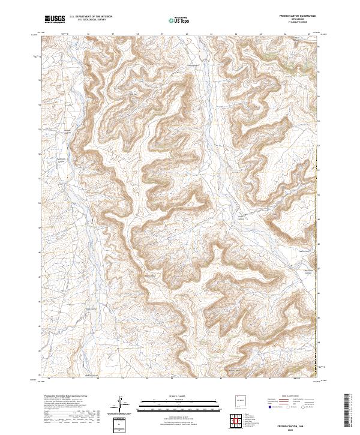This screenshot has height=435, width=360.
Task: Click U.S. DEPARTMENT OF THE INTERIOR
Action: (91, 17)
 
